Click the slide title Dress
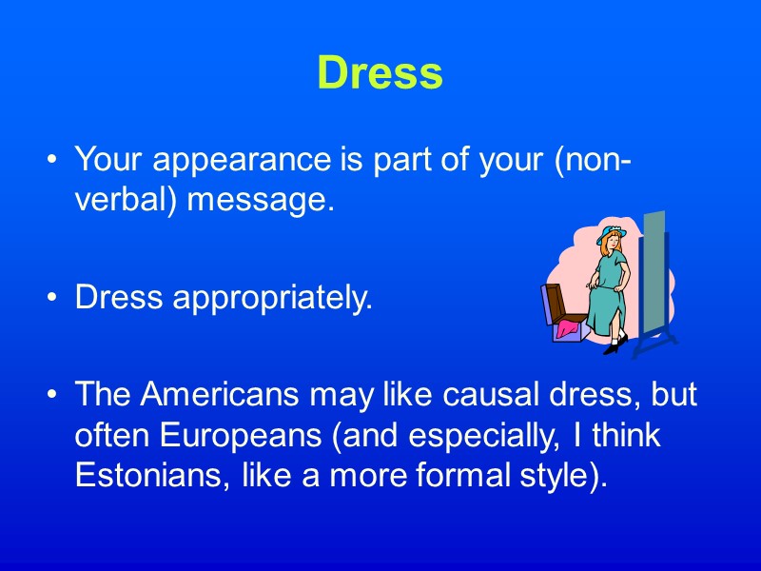click(380, 72)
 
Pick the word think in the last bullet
click(629, 436)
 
